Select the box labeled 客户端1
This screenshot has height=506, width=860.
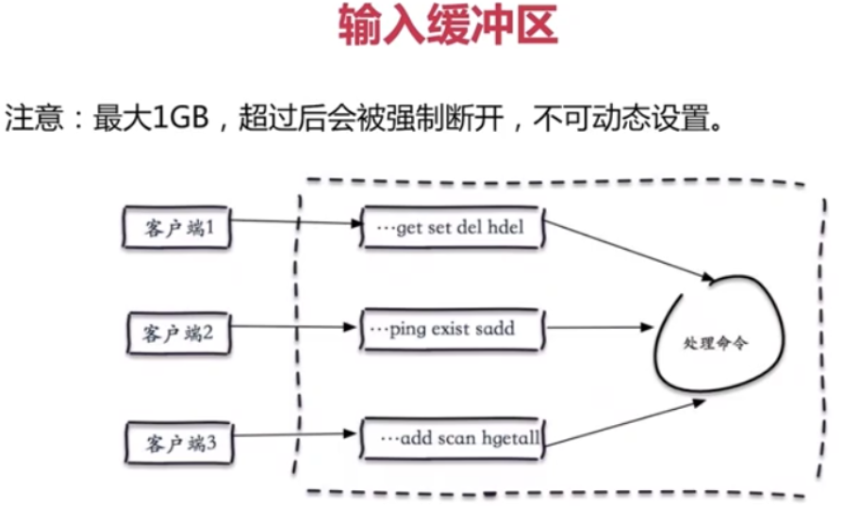coord(175,227)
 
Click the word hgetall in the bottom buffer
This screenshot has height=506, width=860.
coord(507,439)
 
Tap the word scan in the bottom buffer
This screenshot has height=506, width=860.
coord(457,439)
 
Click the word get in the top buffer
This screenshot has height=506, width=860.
coord(409,228)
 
